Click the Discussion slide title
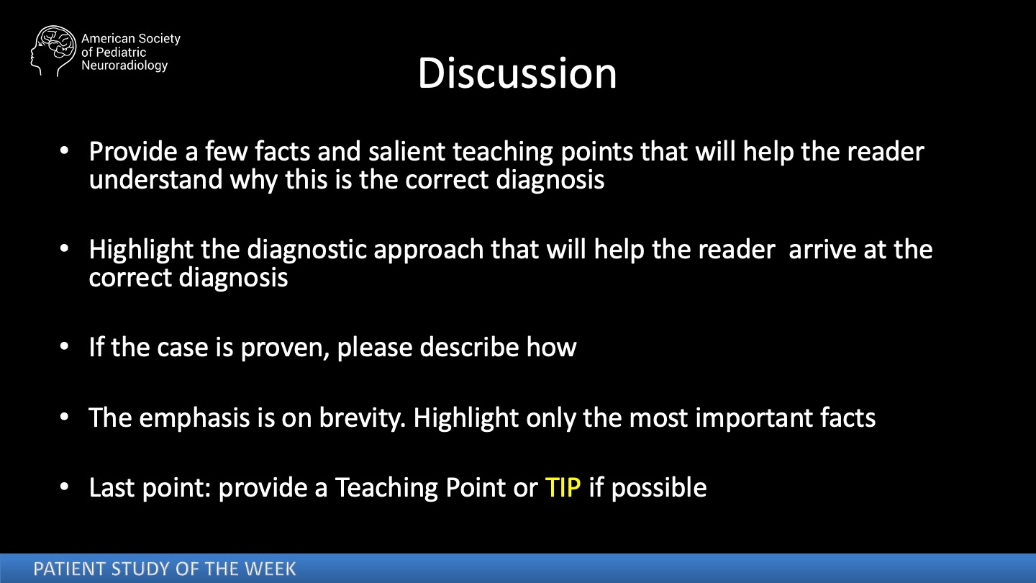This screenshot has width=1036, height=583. pos(517,73)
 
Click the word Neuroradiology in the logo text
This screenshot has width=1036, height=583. pos(124,65)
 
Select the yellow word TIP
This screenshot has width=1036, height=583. pos(563,487)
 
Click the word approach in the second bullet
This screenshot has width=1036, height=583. pos(429,250)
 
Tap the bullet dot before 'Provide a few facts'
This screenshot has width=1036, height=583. pos(64,150)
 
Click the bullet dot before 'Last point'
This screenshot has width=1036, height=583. pos(64,487)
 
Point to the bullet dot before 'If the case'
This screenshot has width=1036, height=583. pos(64,346)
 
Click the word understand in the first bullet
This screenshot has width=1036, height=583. pos(156,179)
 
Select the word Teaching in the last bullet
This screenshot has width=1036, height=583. pos(386,488)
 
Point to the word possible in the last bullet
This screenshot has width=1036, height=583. pos(659,488)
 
